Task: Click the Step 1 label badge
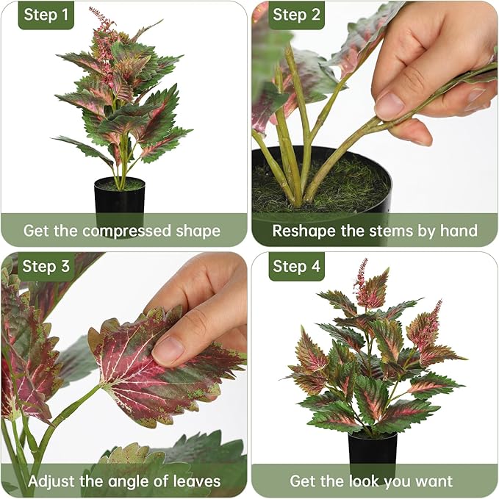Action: tap(46, 15)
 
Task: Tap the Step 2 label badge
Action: tap(296, 15)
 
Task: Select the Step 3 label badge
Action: tap(46, 266)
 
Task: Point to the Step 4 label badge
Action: tap(296, 266)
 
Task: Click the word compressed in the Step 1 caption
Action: tap(127, 231)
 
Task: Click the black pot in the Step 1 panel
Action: tap(119, 201)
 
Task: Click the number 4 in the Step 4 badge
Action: tap(315, 266)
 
